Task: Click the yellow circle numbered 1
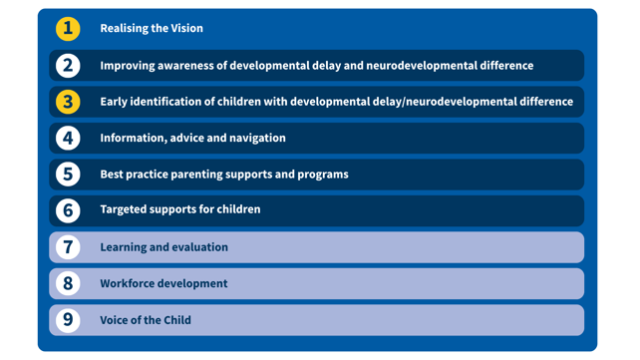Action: [x=68, y=29]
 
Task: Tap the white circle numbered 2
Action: [x=68, y=65]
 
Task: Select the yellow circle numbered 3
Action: [x=68, y=102]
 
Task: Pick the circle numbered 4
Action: [x=68, y=138]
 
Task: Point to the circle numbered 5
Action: [x=68, y=175]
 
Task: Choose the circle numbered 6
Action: [x=68, y=210]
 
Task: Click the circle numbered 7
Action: [x=68, y=247]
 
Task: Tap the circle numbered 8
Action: [x=68, y=283]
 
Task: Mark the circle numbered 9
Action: [x=68, y=319]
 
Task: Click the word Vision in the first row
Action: [x=186, y=28]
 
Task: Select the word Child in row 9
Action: [x=177, y=320]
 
